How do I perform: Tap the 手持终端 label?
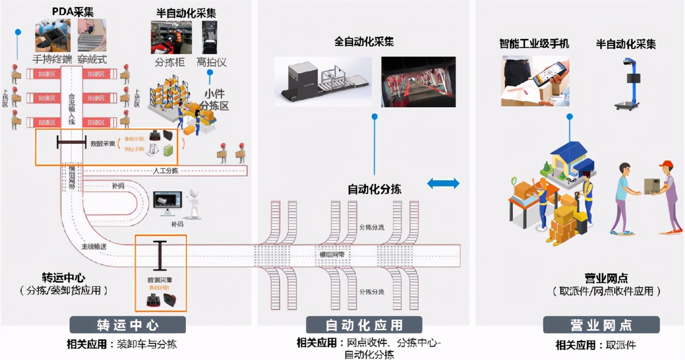click(x=52, y=59)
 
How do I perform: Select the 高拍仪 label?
click(x=211, y=62)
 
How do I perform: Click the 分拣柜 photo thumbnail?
click(x=171, y=37)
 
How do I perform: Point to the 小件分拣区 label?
click(x=214, y=99)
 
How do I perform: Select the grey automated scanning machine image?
click(x=323, y=82)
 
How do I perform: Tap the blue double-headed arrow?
click(x=443, y=184)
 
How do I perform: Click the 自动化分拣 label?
click(x=375, y=189)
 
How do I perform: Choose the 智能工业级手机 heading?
click(x=534, y=44)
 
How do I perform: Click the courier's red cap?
click(x=666, y=164)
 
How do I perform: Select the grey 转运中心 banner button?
click(x=128, y=325)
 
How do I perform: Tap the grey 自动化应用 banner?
click(x=364, y=325)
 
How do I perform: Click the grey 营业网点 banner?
click(x=601, y=325)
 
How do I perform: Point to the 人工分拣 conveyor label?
click(x=166, y=171)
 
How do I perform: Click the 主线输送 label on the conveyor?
click(x=94, y=246)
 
